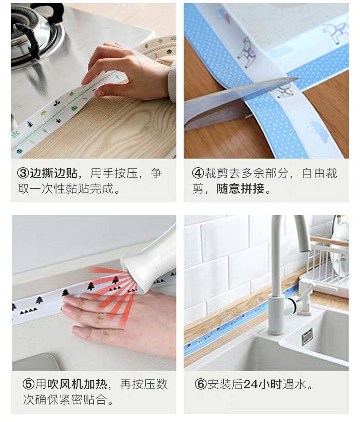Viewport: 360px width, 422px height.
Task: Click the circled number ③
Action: pos(23,173)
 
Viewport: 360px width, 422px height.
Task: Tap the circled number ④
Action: pos(198,173)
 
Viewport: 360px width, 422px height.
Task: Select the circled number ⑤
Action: pos(29,384)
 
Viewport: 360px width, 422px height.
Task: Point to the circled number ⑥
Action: pos(201,384)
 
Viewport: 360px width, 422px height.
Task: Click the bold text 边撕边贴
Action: pos(53,173)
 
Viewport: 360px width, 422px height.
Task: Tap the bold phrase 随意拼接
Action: pos(240,188)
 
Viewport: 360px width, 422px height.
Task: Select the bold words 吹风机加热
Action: pos(77,384)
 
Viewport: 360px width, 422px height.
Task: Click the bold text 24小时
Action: pos(262,384)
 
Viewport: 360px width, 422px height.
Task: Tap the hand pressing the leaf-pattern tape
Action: pos(129,72)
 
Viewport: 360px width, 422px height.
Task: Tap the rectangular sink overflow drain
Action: pos(307,336)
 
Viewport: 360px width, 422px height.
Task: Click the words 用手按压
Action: pos(114,173)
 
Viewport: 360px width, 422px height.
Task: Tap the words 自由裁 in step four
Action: pos(319,173)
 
